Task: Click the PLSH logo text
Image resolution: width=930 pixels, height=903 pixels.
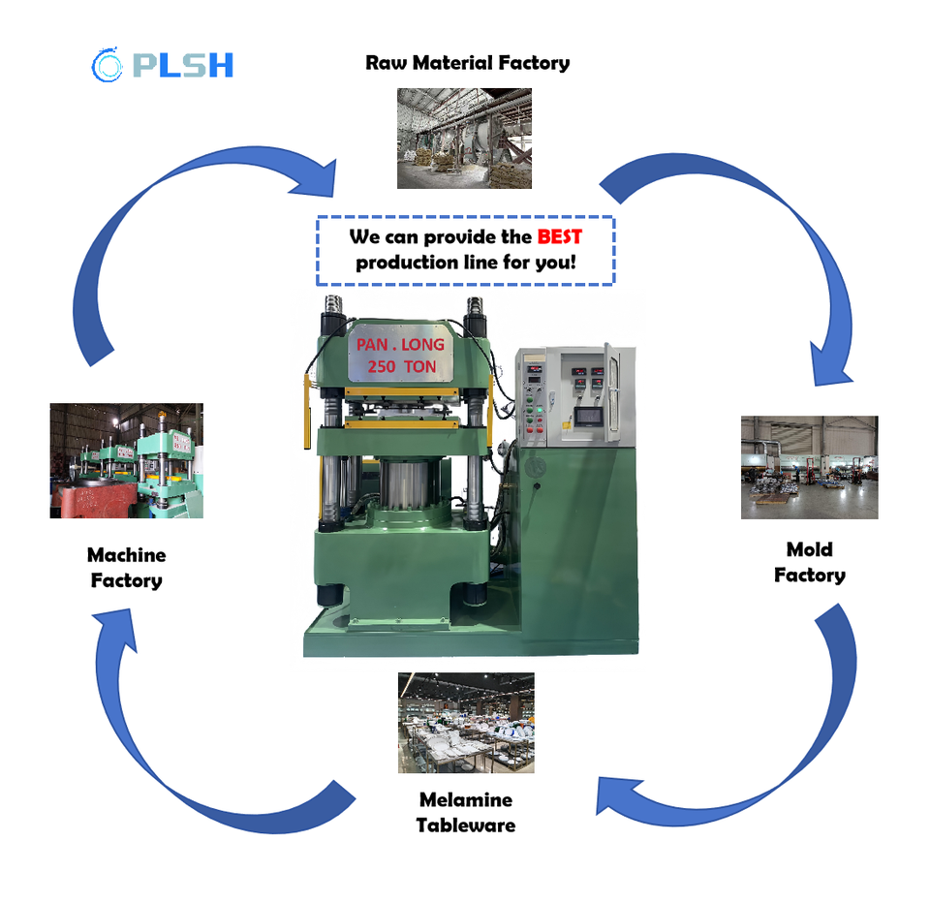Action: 183,65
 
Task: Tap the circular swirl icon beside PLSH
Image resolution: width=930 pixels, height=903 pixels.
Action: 107,64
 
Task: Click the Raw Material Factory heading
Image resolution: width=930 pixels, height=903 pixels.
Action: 467,62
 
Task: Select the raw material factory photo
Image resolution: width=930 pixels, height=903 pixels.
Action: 464,139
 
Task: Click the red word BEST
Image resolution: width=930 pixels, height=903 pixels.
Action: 559,236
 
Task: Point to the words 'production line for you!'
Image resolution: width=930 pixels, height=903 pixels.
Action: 466,263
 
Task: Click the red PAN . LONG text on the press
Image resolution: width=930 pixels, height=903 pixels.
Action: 400,345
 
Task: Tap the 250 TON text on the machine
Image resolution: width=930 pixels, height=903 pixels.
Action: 402,366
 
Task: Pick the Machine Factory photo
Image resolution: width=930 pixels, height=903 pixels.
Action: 126,460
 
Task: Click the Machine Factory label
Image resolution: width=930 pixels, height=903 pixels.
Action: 126,568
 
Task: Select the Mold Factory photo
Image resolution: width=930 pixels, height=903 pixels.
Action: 810,468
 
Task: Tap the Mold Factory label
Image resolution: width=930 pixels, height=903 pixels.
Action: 810,563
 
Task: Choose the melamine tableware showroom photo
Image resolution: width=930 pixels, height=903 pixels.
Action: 466,723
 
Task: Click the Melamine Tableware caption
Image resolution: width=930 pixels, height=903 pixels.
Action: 466,812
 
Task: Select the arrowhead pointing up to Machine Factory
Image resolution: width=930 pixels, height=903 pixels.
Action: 117,628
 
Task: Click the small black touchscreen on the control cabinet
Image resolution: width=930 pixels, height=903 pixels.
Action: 588,417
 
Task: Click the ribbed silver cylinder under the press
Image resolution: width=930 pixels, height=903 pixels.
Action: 405,483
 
